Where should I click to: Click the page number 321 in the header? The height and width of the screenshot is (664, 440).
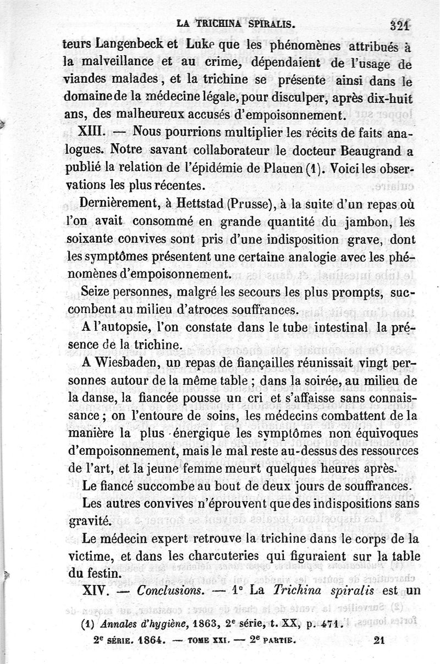[x=398, y=24]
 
